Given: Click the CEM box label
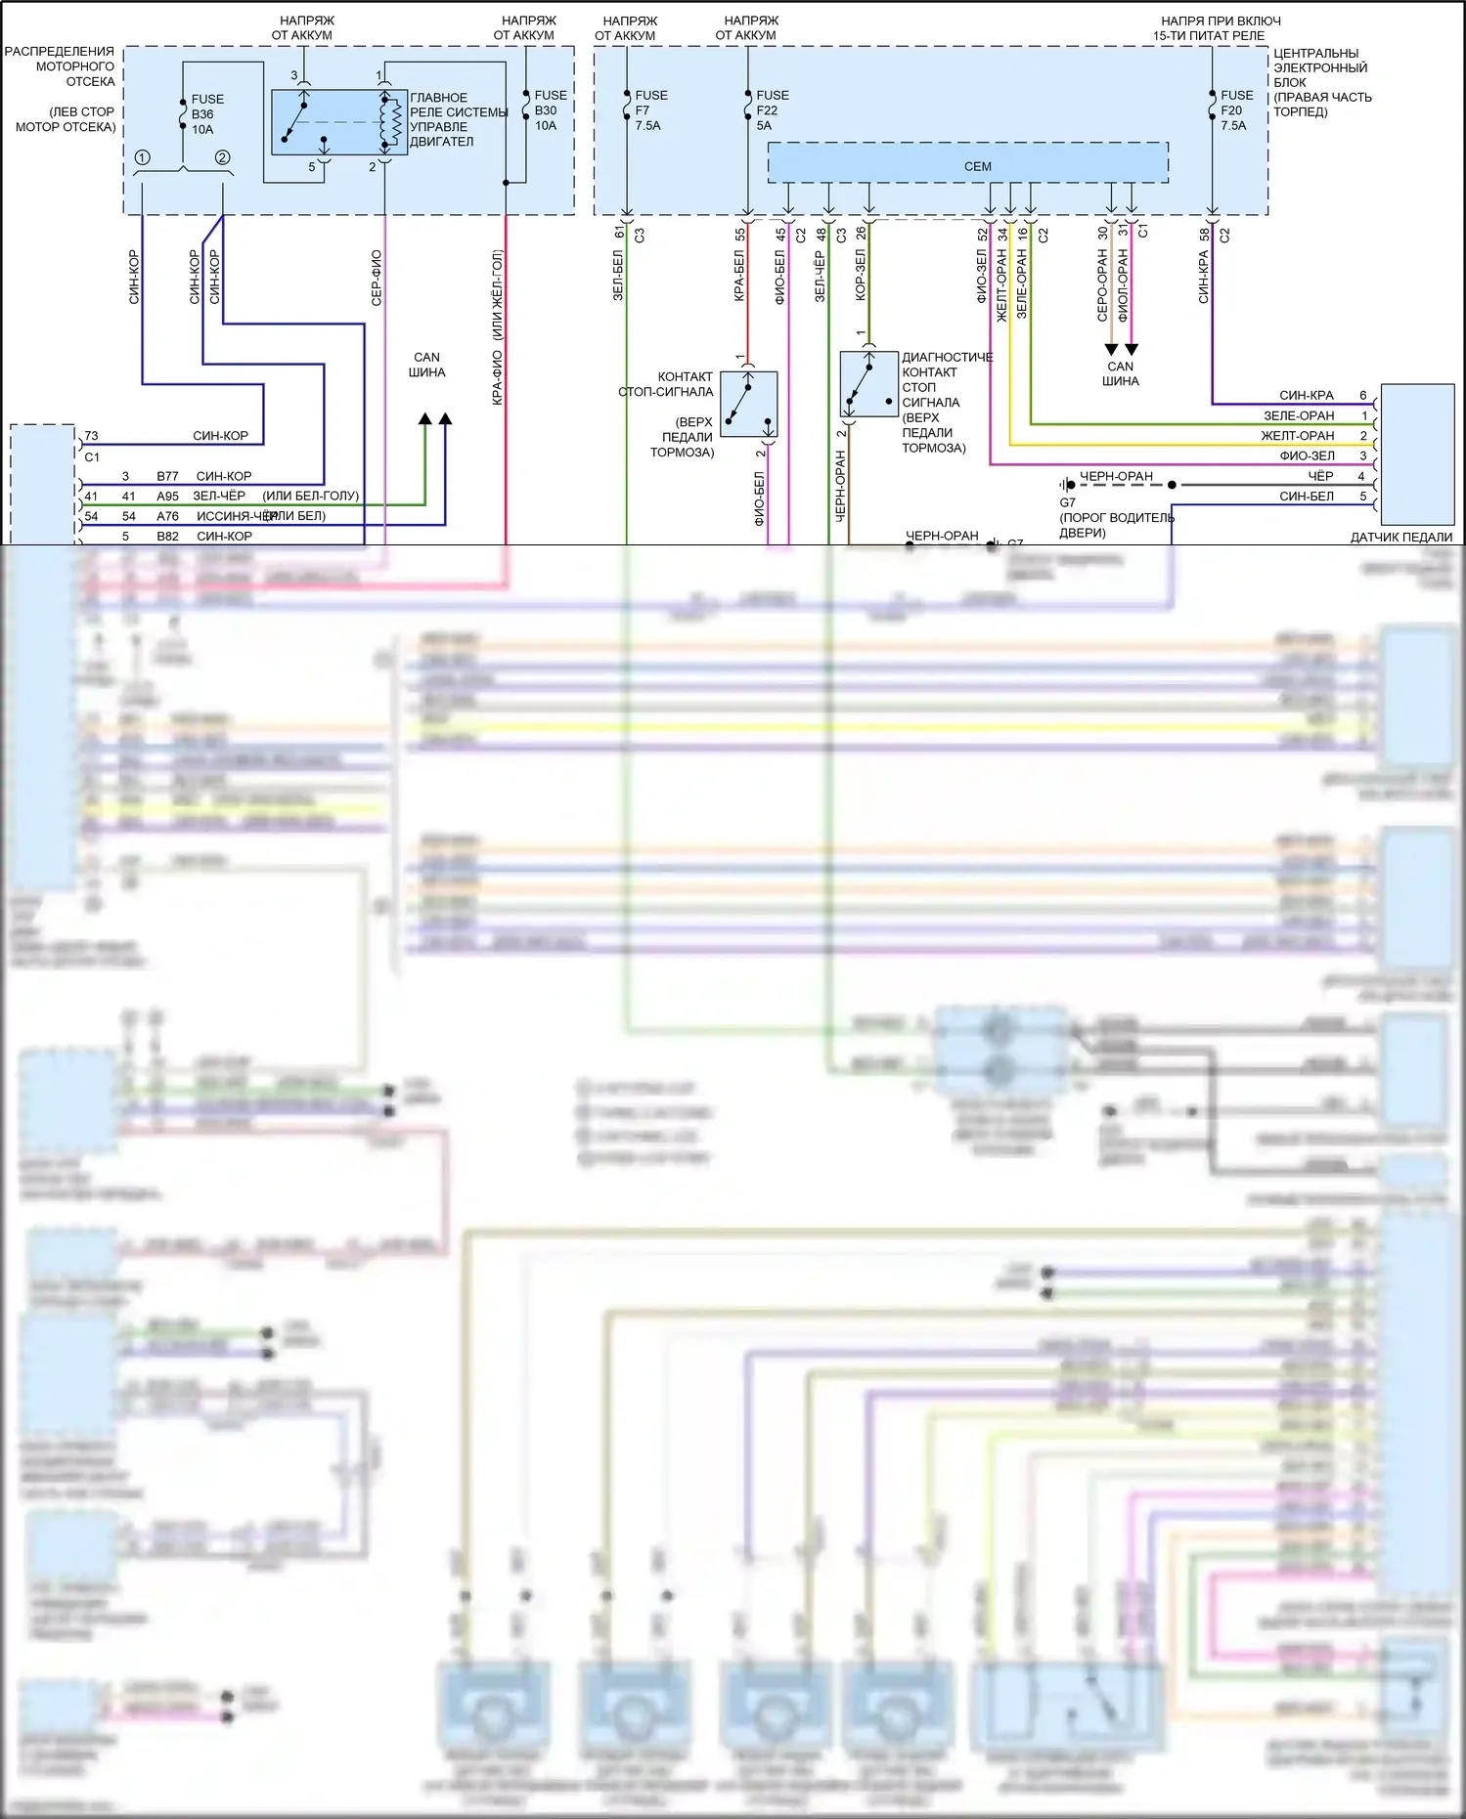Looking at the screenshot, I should point(977,166).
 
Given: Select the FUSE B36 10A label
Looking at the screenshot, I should point(206,114).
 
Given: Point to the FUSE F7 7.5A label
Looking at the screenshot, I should point(650,110).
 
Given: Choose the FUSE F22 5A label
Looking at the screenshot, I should point(772,110).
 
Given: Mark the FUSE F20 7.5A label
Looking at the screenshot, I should point(1236,110).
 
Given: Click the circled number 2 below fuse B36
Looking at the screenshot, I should point(222,157).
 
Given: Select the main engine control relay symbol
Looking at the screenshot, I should point(338,122).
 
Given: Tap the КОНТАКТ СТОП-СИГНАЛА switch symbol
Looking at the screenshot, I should point(748,404).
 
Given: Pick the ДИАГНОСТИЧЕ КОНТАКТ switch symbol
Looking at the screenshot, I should point(868,384).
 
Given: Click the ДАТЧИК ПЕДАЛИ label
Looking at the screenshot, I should point(1400,537).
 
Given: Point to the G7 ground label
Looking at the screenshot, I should point(1067,502).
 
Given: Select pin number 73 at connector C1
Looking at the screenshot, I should point(91,436).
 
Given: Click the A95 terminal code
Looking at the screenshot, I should point(168,497).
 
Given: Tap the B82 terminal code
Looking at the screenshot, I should point(168,537).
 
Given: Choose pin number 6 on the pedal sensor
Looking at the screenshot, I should point(1362,395).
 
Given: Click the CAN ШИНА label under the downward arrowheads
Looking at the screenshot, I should point(1121,373).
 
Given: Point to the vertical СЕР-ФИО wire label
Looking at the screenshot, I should point(377,278).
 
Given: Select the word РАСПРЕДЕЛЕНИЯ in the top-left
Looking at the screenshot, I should point(60,52).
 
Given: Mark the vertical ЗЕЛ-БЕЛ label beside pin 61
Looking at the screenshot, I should point(618,275).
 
